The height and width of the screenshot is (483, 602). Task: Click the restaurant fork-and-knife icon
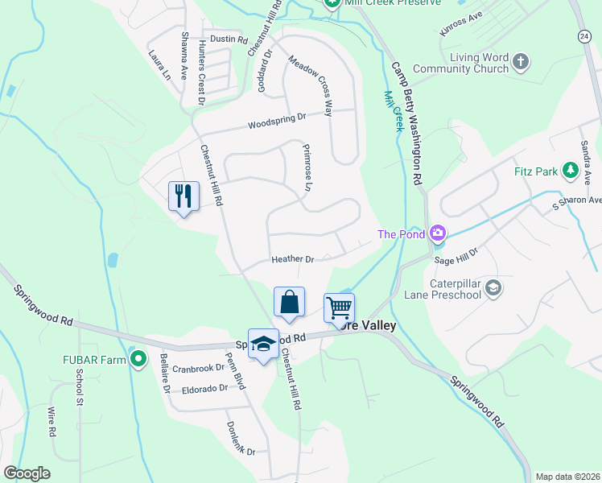click(183, 196)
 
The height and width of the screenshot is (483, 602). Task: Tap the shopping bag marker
click(290, 303)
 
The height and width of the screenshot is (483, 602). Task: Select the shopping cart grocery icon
click(339, 308)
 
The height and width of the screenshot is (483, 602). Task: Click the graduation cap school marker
click(263, 344)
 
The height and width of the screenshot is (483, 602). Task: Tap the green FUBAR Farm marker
click(138, 359)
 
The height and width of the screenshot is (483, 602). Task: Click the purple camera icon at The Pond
click(437, 234)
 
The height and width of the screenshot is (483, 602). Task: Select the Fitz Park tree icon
click(570, 171)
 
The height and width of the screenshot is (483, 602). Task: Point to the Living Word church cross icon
click(521, 61)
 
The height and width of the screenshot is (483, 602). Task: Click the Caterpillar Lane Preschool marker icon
click(493, 287)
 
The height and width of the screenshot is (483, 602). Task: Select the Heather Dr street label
click(292, 259)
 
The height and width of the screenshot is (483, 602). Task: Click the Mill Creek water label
click(393, 113)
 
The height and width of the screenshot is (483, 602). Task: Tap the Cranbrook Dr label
click(198, 368)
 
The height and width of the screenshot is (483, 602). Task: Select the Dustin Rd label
click(228, 39)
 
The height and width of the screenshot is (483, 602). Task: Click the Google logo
click(27, 473)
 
